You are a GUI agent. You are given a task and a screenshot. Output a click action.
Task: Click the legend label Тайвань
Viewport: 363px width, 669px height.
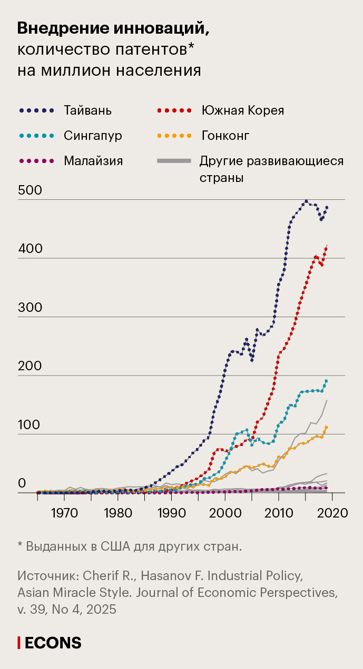pyautogui.click(x=88, y=110)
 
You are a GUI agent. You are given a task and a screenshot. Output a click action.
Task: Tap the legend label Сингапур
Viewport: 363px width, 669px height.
pyautogui.click(x=93, y=136)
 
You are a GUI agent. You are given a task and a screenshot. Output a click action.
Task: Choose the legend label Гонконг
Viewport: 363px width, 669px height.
pyautogui.click(x=225, y=136)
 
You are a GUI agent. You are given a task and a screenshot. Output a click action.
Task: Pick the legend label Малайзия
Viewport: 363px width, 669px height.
pyautogui.click(x=93, y=161)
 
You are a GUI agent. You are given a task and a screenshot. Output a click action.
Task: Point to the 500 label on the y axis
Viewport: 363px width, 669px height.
pyautogui.click(x=30, y=190)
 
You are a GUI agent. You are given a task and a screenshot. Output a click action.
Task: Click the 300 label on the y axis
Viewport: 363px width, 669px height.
pyautogui.click(x=30, y=308)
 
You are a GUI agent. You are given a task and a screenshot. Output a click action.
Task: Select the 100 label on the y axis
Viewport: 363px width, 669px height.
pyautogui.click(x=30, y=425)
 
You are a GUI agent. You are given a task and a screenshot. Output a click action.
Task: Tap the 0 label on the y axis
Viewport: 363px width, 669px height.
pyautogui.click(x=22, y=483)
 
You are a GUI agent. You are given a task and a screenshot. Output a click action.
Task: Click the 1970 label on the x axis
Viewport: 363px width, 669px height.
pyautogui.click(x=63, y=512)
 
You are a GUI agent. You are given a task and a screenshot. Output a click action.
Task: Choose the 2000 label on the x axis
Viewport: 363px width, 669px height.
pyautogui.click(x=225, y=512)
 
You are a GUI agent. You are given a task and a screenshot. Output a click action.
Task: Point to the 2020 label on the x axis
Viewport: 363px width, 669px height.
pyautogui.click(x=332, y=512)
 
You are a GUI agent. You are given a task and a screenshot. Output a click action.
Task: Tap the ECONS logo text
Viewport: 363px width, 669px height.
pyautogui.click(x=53, y=643)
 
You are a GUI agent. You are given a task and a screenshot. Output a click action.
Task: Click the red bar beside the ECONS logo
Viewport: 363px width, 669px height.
pyautogui.click(x=19, y=643)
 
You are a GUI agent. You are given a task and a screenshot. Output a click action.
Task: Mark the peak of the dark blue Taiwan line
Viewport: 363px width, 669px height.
pyautogui.click(x=306, y=201)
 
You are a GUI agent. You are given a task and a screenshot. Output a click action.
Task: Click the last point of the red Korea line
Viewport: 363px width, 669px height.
pyautogui.click(x=326, y=248)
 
